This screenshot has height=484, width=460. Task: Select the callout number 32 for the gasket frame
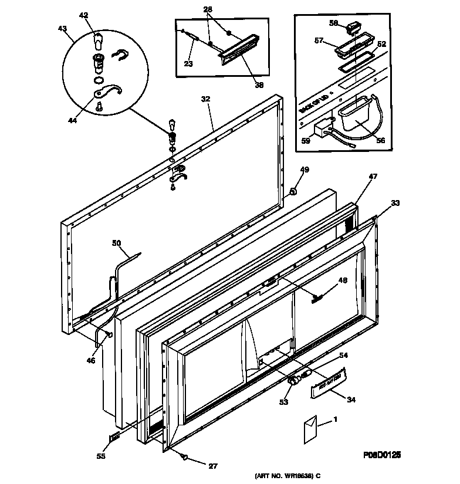tap(205, 100)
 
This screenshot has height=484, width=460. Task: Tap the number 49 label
tap(305, 170)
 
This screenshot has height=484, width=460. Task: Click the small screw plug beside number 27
tap(184, 456)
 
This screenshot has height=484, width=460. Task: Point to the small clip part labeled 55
tap(114, 436)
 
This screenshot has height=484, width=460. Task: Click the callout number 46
tap(90, 361)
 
